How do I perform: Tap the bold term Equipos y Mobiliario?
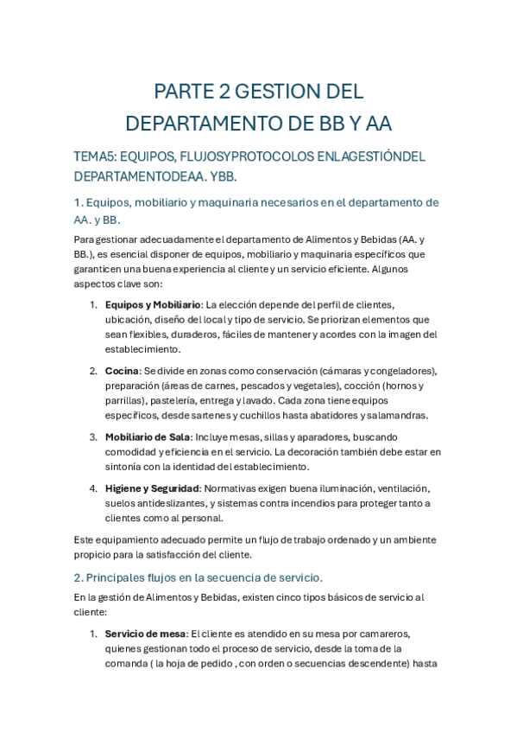point(153,304)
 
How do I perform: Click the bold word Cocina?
point(122,371)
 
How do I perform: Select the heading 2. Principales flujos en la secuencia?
point(199,577)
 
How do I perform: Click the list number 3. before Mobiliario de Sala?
point(93,437)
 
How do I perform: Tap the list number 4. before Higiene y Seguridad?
point(93,488)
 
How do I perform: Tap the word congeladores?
point(397,371)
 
